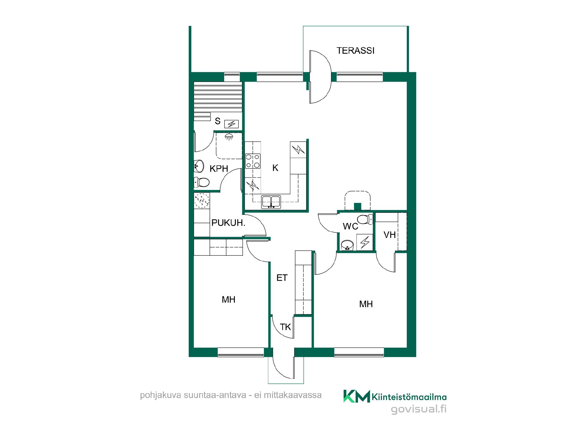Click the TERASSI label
[x=355, y=51]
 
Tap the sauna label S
[x=217, y=121]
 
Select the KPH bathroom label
[x=219, y=169]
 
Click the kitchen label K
[x=275, y=168]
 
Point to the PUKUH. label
[x=228, y=223]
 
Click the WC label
[x=350, y=226]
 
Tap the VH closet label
[x=390, y=235]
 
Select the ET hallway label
[x=282, y=278]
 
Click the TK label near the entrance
[x=285, y=327]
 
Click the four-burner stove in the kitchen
[x=253, y=161]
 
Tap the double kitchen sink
[x=271, y=202]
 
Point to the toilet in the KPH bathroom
[x=202, y=183]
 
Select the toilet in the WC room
[x=365, y=219]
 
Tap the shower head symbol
[x=228, y=137]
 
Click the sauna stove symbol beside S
[x=232, y=124]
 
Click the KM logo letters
[x=356, y=396]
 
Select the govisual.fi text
[x=419, y=409]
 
